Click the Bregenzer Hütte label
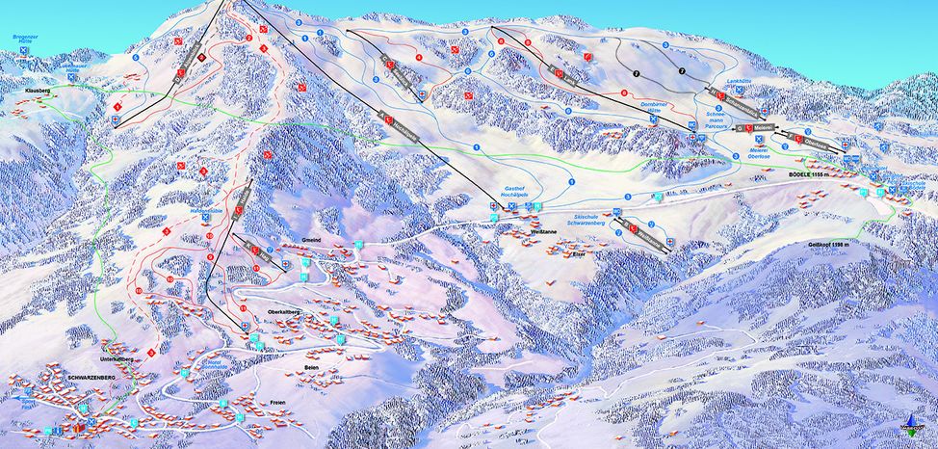click(24, 40)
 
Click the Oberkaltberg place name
click(286, 313)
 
